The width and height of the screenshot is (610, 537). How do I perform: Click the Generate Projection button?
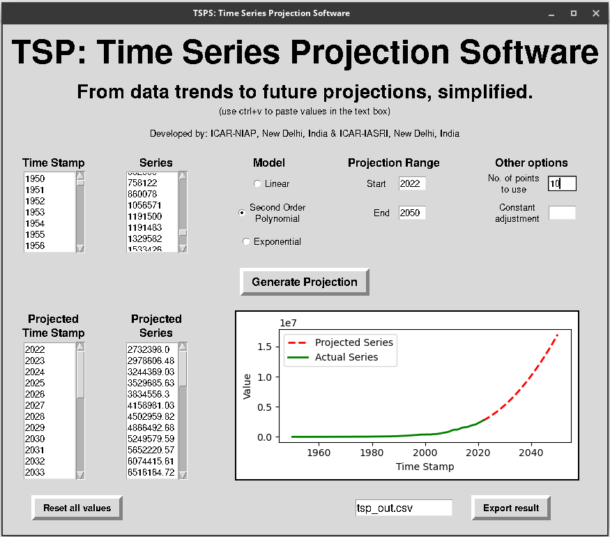tap(304, 282)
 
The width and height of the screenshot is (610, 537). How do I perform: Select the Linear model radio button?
tap(258, 183)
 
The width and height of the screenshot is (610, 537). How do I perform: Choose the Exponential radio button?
tap(246, 241)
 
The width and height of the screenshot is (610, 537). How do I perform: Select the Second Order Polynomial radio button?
tap(242, 213)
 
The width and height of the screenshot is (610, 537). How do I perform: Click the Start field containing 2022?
tap(411, 184)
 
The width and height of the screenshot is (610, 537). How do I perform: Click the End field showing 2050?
tap(411, 213)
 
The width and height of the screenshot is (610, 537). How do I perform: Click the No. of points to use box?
tap(562, 184)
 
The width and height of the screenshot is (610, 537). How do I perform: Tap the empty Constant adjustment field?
tap(562, 213)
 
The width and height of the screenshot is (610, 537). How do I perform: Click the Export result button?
tap(511, 508)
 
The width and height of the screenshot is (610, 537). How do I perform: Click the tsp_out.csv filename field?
tap(403, 508)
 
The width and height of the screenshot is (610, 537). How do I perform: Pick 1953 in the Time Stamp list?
tap(35, 212)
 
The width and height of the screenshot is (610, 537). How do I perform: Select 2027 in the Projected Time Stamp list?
tap(35, 405)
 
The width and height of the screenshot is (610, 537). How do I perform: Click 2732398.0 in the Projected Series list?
tap(146, 349)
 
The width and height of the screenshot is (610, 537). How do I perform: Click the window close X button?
tap(595, 13)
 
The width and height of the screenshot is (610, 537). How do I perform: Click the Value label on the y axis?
tap(247, 386)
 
